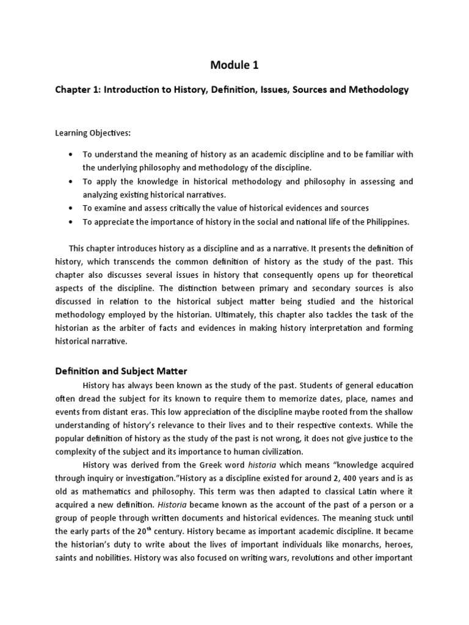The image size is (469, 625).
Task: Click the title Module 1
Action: pos(234,65)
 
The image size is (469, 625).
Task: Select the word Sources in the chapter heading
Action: pos(311,90)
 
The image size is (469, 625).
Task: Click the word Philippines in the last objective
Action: pos(387,222)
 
